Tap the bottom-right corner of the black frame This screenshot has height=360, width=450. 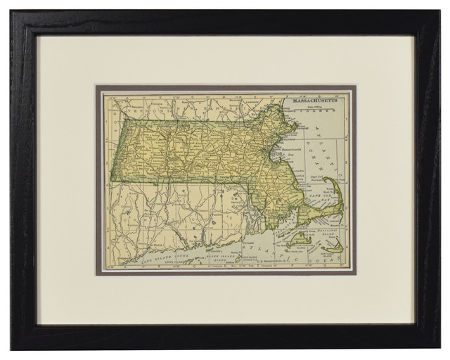[x=441, y=348]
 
